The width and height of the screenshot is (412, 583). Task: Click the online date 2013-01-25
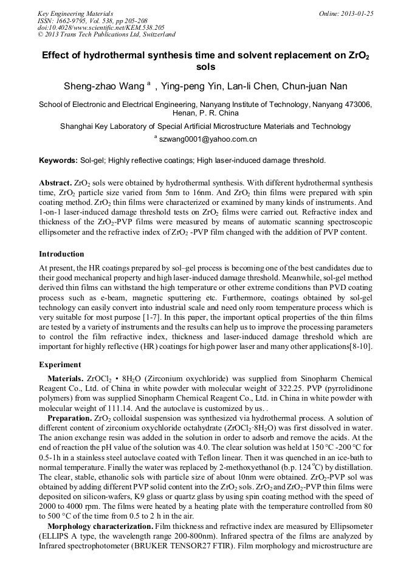click(355, 13)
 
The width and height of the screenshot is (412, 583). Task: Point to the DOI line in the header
click(101, 27)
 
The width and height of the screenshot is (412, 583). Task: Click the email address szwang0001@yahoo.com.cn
click(208, 140)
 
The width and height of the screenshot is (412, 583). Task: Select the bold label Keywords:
click(58, 161)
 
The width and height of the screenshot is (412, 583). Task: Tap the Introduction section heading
click(61, 254)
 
